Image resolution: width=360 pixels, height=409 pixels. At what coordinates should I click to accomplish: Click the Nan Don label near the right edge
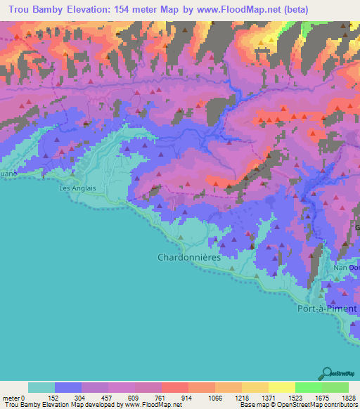click(x=347, y=268)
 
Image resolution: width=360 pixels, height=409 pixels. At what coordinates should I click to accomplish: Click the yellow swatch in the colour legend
click(x=281, y=387)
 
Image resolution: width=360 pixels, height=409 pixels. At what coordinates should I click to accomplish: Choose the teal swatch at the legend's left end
click(x=41, y=387)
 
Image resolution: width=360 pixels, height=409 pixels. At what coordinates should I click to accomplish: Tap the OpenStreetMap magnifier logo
click(x=327, y=373)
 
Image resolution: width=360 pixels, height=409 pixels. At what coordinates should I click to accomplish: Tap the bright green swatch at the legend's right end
click(x=335, y=387)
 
